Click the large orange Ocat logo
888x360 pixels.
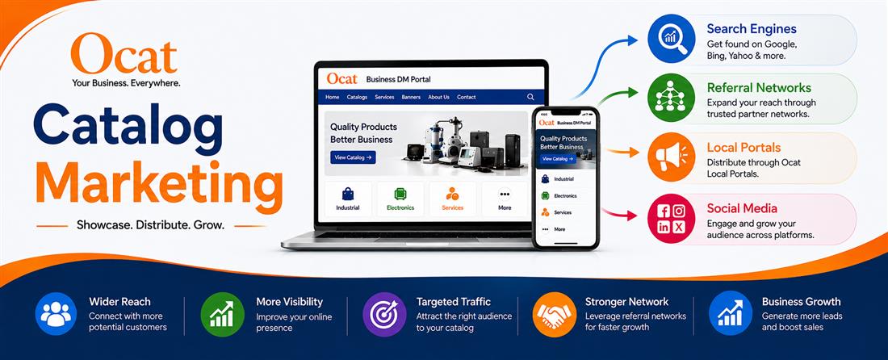pyautogui.click(x=124, y=53)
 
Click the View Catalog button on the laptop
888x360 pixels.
pyautogui.click(x=353, y=157)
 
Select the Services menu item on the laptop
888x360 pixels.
pyautogui.click(x=384, y=98)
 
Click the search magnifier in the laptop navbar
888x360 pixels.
pyautogui.click(x=530, y=97)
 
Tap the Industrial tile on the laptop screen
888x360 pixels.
pyautogui.click(x=348, y=199)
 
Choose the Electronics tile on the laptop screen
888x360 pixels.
pyautogui.click(x=400, y=199)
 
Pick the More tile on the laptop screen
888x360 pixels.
pyautogui.click(x=505, y=199)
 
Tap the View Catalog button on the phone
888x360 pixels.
pyautogui.click(x=559, y=159)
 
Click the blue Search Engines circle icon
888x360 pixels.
pyautogui.click(x=671, y=39)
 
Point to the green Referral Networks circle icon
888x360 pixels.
pyautogui.click(x=671, y=98)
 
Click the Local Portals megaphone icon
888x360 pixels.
pyautogui.click(x=671, y=157)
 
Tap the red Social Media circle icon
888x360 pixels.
pyautogui.click(x=671, y=219)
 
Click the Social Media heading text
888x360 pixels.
pyautogui.click(x=742, y=208)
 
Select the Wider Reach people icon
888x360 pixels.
pyautogui.click(x=56, y=314)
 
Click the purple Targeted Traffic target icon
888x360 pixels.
pyautogui.click(x=384, y=314)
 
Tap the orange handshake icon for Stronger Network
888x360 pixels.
pyautogui.click(x=555, y=314)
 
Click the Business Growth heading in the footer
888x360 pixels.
pyautogui.click(x=801, y=302)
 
